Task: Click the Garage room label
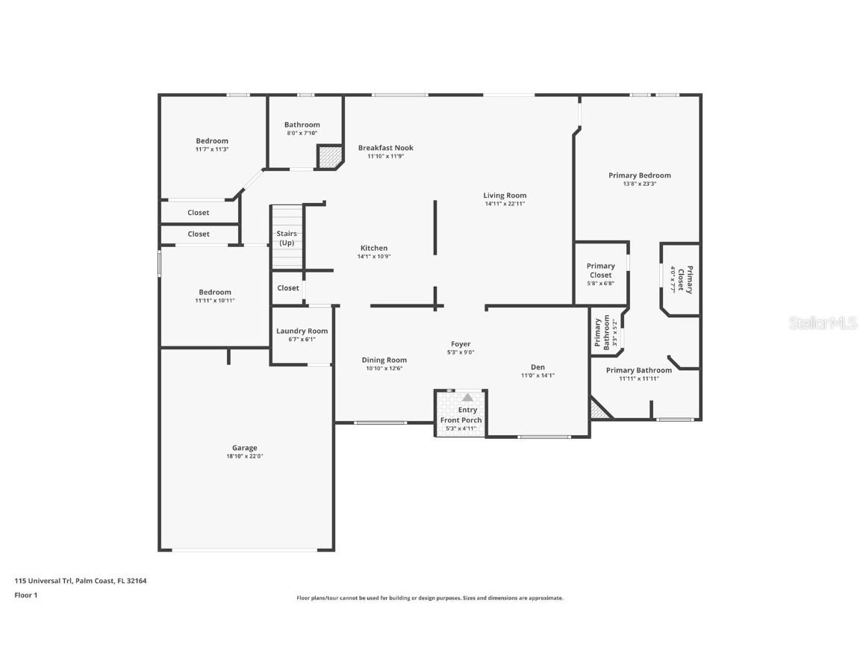pyautogui.click(x=244, y=448)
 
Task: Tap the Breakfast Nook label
pyautogui.click(x=385, y=148)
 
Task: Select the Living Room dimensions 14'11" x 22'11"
pyautogui.click(x=505, y=204)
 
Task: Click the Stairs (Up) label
pyautogui.click(x=287, y=238)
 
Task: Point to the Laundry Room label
pyautogui.click(x=302, y=331)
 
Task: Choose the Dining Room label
pyautogui.click(x=384, y=360)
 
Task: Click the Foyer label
pyautogui.click(x=461, y=344)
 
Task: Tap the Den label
pyautogui.click(x=537, y=367)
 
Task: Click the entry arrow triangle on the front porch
pyautogui.click(x=467, y=398)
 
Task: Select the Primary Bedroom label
pyautogui.click(x=639, y=175)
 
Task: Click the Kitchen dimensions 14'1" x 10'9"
pyautogui.click(x=374, y=256)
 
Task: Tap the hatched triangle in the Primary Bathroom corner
pyautogui.click(x=596, y=409)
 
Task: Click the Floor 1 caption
pyautogui.click(x=25, y=595)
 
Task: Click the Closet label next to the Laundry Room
pyautogui.click(x=288, y=287)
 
